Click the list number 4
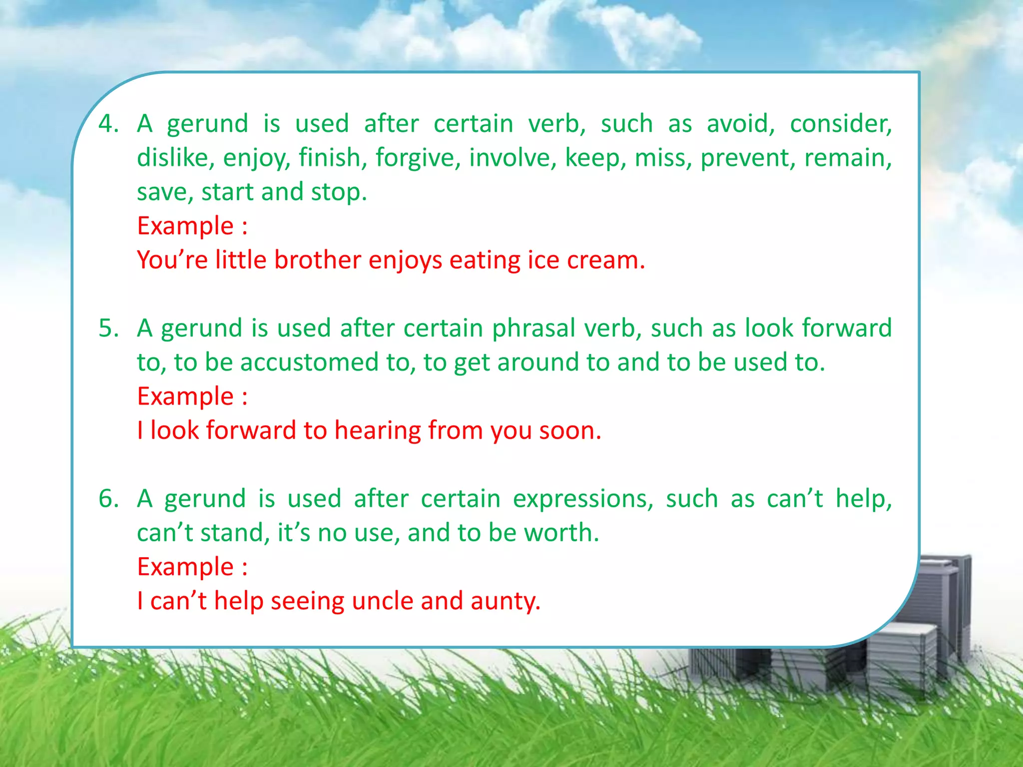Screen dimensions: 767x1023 pos(108,123)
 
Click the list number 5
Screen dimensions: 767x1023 pos(108,329)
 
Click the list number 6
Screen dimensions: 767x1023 pos(108,499)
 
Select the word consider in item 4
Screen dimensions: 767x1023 pos(841,123)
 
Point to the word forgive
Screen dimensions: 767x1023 pos(418,158)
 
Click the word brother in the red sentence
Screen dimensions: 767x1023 pos(317,260)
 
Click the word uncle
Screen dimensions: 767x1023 pos(382,601)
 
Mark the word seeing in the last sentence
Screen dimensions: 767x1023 pos(307,601)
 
